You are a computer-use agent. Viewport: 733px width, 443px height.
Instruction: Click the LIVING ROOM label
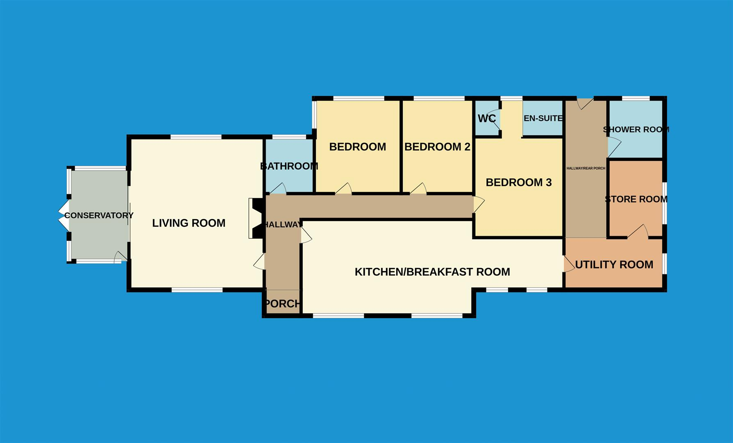point(189,223)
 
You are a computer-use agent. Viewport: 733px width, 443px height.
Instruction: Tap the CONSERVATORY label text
point(99,215)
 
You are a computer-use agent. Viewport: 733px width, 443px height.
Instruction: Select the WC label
point(487,119)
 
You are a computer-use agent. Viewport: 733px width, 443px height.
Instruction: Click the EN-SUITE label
point(542,118)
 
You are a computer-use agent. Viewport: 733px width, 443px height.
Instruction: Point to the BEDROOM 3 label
point(519,183)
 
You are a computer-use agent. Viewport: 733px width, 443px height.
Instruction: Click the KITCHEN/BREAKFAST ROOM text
point(432,272)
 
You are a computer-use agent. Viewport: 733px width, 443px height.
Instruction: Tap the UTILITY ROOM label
point(614,265)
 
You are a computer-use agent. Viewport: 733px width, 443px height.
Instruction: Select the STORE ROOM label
point(636,199)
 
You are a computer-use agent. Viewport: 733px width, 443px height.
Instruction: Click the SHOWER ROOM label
point(636,130)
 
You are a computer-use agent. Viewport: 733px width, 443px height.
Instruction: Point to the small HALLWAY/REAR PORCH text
point(585,168)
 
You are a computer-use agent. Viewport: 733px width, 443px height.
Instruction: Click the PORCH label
point(282,304)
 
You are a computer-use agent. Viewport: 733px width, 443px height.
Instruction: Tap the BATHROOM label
point(289,166)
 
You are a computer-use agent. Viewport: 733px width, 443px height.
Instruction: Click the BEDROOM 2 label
point(437,147)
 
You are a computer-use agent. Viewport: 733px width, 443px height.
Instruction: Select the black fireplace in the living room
point(257,218)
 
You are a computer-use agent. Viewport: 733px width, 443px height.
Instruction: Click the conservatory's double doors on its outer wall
point(64,215)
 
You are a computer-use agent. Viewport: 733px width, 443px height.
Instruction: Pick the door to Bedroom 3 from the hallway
point(479,204)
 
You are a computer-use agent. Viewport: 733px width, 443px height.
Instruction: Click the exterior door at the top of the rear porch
point(585,103)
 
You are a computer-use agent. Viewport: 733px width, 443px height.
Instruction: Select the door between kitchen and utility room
point(569,264)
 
